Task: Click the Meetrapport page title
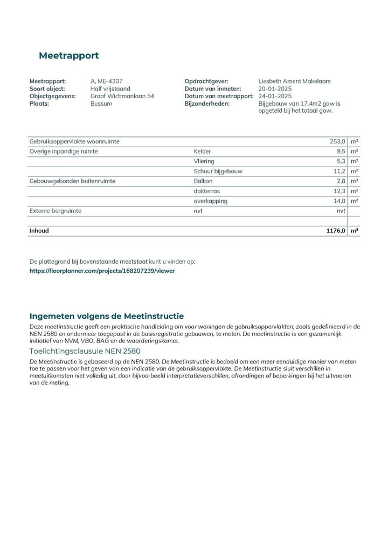point(68,56)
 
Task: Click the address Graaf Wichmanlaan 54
point(122,96)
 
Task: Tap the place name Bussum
point(101,104)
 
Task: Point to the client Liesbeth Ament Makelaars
point(294,81)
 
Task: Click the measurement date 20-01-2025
point(275,88)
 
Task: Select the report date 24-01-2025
point(275,96)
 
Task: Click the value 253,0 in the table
point(337,142)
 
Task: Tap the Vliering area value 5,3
point(340,161)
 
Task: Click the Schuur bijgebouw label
point(218,171)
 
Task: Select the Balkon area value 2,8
point(340,181)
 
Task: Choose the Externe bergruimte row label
point(56,211)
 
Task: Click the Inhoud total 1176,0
point(336,231)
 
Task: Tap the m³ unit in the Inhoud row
point(354,231)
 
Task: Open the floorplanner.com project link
point(102,271)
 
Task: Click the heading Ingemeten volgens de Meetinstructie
point(106,316)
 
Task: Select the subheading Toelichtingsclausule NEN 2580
point(85,351)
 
